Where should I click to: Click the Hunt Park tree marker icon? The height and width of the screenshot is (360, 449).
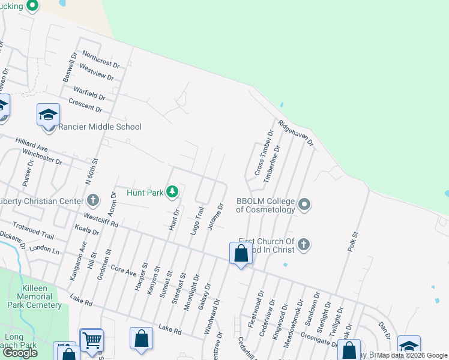173,192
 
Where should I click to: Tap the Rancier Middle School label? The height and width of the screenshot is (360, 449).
100,127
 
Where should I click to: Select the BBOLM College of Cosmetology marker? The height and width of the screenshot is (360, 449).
304,205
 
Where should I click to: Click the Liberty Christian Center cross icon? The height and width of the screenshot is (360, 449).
93,200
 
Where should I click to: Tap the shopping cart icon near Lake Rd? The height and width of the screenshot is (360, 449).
91,341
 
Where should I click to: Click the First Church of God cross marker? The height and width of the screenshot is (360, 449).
304,244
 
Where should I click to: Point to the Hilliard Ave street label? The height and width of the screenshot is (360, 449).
32,143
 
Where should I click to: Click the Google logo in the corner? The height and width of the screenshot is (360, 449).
20,353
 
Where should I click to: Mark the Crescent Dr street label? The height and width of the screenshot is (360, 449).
85,105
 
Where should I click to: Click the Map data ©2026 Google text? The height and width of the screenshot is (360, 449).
412,355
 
